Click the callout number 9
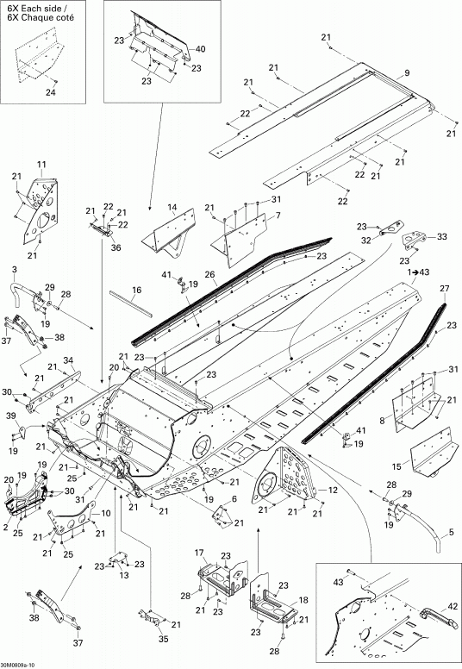[407, 73]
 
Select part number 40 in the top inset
[200, 49]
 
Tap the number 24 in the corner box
[50, 92]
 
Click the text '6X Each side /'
[37, 8]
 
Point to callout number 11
[42, 165]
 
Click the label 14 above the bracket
[172, 208]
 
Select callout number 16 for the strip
[136, 291]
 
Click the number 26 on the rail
[210, 275]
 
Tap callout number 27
[445, 289]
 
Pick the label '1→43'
[419, 272]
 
